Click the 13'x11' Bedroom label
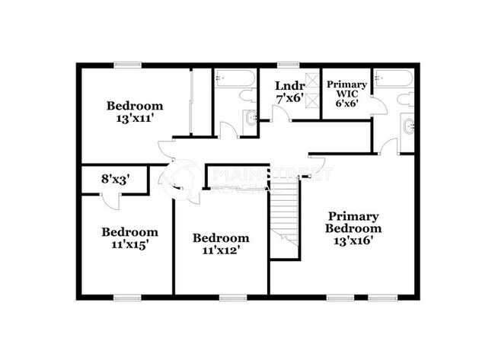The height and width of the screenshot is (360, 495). (134, 111)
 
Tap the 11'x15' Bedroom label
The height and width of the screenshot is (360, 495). (130, 237)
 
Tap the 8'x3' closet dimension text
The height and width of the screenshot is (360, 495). (114, 180)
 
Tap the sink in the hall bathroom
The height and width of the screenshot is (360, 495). (251, 118)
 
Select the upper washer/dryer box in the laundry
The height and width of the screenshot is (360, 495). (311, 79)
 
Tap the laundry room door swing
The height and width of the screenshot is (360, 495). (279, 115)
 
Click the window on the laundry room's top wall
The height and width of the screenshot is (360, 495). (287, 65)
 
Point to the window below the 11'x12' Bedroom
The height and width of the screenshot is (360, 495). (231, 296)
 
